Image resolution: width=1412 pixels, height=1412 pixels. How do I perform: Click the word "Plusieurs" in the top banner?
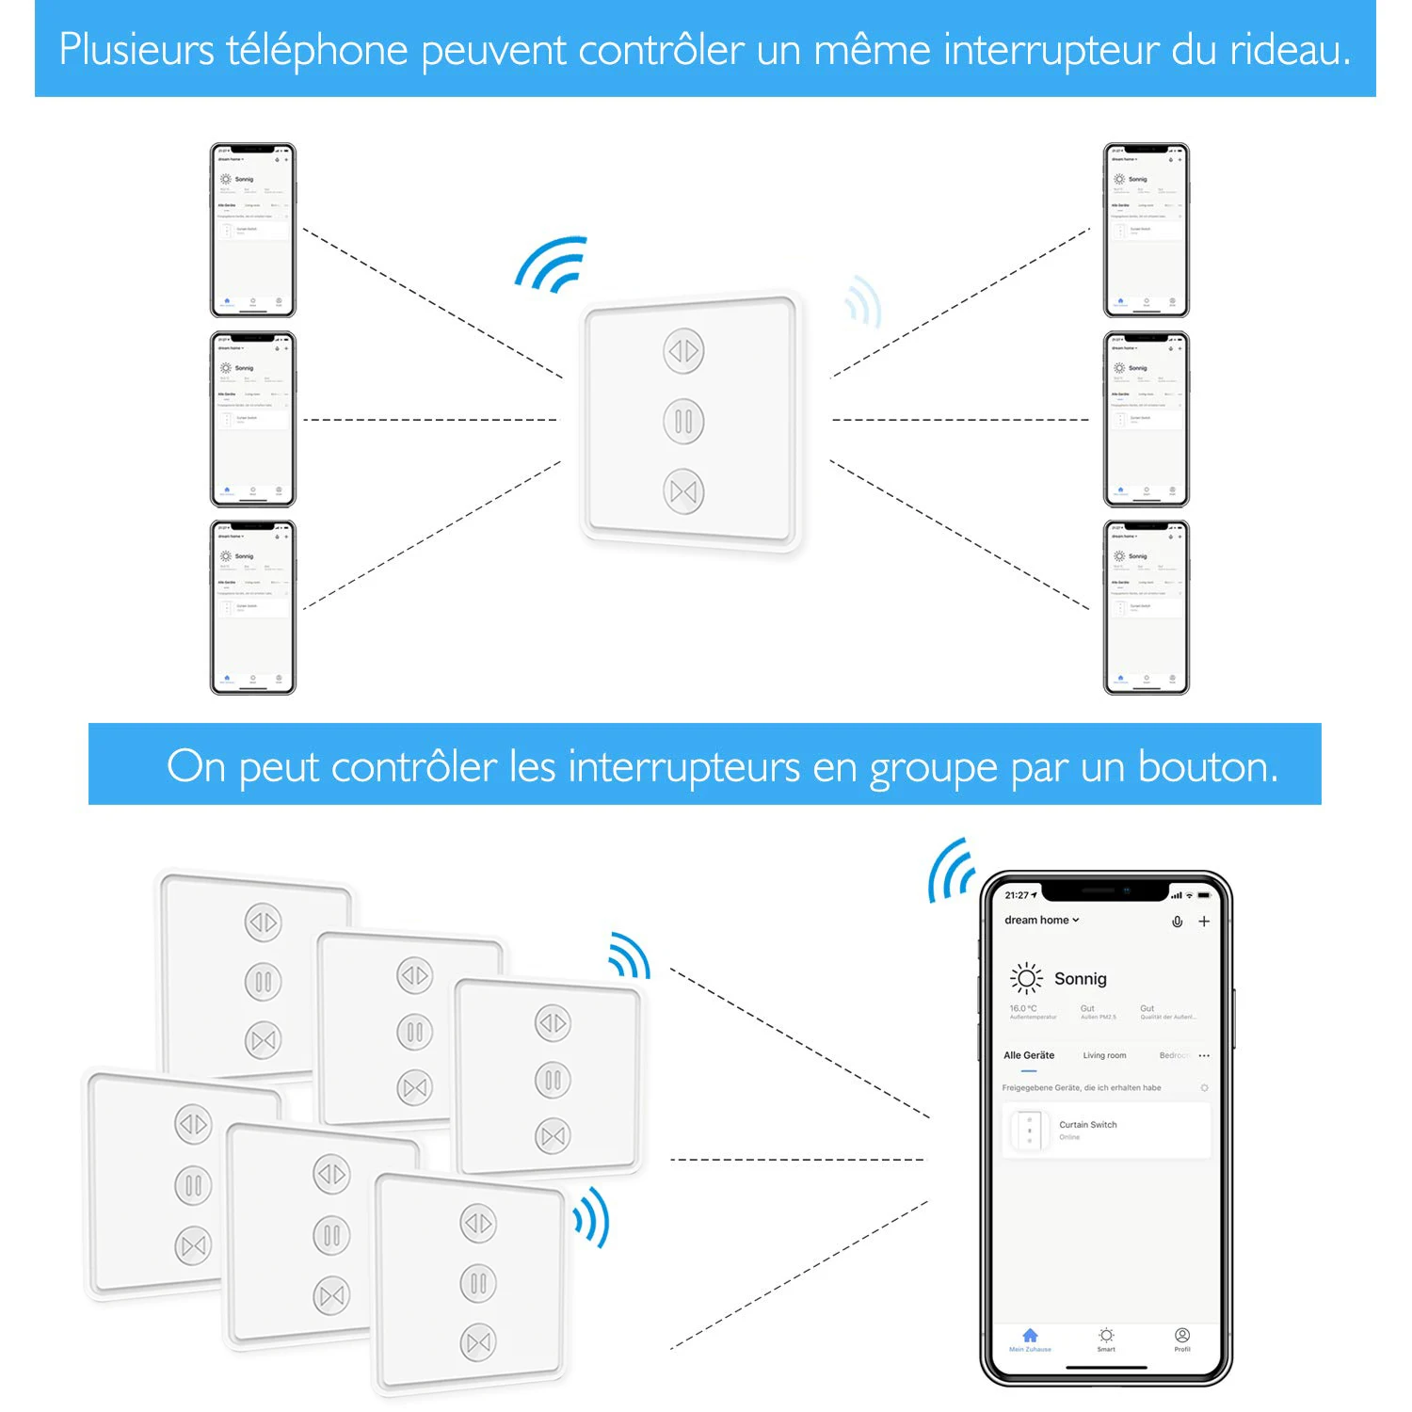tap(136, 50)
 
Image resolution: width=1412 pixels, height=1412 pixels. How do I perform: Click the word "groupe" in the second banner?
tap(933, 768)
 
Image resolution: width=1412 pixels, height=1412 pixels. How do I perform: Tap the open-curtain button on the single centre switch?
tap(684, 351)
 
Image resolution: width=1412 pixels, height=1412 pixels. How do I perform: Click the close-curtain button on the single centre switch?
tap(684, 491)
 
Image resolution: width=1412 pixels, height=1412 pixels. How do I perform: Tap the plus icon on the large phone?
tap(1204, 922)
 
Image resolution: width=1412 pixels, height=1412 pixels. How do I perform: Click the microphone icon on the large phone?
tap(1177, 922)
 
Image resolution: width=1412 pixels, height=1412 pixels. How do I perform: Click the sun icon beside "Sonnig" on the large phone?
tap(1026, 979)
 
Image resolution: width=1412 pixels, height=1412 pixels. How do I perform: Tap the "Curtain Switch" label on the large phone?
tap(1088, 1125)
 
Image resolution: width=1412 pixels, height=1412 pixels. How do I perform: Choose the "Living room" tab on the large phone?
tap(1104, 1055)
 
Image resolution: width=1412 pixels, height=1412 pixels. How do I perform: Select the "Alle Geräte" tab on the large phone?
tap(1029, 1055)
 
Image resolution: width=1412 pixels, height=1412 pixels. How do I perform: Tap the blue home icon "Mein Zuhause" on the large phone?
tap(1030, 1336)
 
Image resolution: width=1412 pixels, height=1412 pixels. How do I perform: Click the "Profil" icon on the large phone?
tap(1182, 1336)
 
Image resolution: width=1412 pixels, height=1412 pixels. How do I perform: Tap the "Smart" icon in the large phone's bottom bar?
tap(1106, 1336)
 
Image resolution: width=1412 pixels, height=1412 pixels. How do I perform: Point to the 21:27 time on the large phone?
tap(1017, 895)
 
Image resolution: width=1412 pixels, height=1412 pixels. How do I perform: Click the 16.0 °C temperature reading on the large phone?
tap(1023, 1008)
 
